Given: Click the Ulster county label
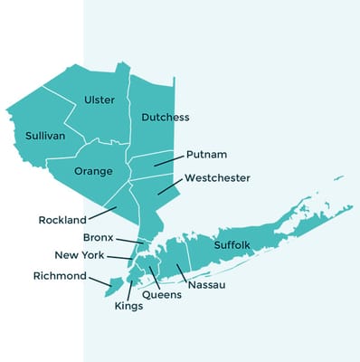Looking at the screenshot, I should click(99, 100).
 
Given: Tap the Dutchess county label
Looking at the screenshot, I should click(166, 118).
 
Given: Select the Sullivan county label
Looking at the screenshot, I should click(45, 136).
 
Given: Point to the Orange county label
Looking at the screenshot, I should click(93, 171).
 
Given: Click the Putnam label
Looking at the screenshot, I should click(205, 155).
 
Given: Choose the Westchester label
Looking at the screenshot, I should click(217, 178).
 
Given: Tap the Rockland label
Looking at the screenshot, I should click(62, 220).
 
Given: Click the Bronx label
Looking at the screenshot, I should click(98, 237).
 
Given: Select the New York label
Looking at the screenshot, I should click(80, 255).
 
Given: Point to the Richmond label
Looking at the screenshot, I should click(60, 276).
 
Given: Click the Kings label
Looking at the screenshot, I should click(128, 306).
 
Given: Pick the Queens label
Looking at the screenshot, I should click(162, 295).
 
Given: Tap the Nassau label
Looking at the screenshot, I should click(207, 285).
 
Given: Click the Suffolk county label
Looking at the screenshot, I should click(232, 245).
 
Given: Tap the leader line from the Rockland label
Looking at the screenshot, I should click(104, 213).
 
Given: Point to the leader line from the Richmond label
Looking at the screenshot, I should click(100, 281).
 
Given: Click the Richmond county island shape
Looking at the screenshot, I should click(112, 289).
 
